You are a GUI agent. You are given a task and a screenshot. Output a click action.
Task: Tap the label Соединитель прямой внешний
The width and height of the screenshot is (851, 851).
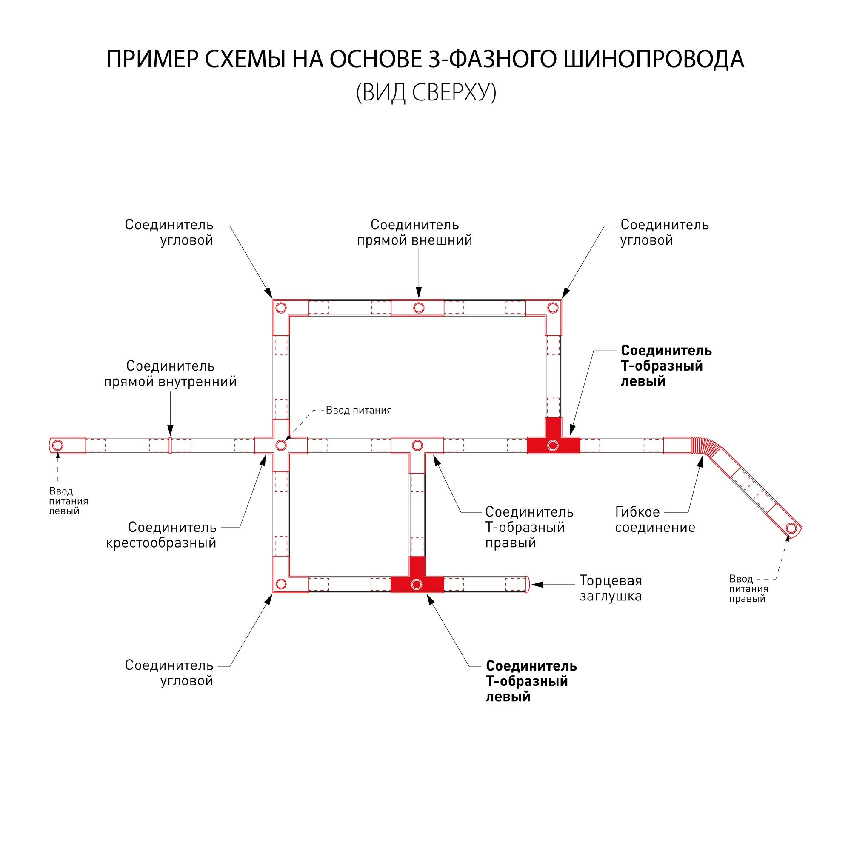pos(414,232)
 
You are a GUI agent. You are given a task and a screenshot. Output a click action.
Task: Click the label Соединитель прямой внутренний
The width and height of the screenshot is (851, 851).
pos(170,374)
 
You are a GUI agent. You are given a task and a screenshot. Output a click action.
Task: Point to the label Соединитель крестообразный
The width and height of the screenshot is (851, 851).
pos(161,535)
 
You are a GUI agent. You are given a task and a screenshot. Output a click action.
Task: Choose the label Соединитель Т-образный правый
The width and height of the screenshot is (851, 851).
pos(529,527)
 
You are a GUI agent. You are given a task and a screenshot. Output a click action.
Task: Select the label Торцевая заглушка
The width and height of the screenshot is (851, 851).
pos(611,588)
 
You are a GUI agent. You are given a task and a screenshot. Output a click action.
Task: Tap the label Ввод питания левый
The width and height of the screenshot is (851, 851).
pos(68,501)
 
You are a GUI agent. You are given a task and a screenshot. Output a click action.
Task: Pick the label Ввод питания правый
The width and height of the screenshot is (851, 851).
pos(748,588)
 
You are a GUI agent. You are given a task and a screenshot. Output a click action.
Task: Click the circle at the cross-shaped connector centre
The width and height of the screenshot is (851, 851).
pos(281,445)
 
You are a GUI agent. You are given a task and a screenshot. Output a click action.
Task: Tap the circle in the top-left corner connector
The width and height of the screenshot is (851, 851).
pos(281,308)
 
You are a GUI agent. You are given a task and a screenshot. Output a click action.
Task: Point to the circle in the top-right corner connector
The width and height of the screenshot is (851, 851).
pos(552,308)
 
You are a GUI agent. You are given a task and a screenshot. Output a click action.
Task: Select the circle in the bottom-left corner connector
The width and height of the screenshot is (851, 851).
pos(281,585)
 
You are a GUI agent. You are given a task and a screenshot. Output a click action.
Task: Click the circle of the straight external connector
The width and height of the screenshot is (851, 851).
pos(418,308)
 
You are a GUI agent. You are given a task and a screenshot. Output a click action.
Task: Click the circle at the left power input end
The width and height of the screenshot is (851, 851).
pos(58,445)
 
